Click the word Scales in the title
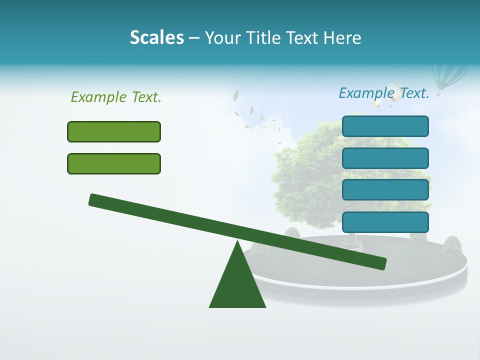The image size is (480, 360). (x=156, y=37)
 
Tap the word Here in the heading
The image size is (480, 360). (x=342, y=37)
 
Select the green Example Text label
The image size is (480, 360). (x=116, y=97)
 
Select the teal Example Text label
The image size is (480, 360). (x=384, y=93)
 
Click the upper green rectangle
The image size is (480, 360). (x=114, y=131)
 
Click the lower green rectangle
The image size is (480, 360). (x=114, y=163)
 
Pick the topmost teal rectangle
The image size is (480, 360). (x=385, y=126)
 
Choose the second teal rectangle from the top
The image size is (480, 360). (x=385, y=158)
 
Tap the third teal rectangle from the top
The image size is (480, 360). (x=385, y=189)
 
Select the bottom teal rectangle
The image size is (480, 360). (x=385, y=222)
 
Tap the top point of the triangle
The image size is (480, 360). (x=237, y=242)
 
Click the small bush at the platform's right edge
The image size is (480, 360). (x=452, y=245)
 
